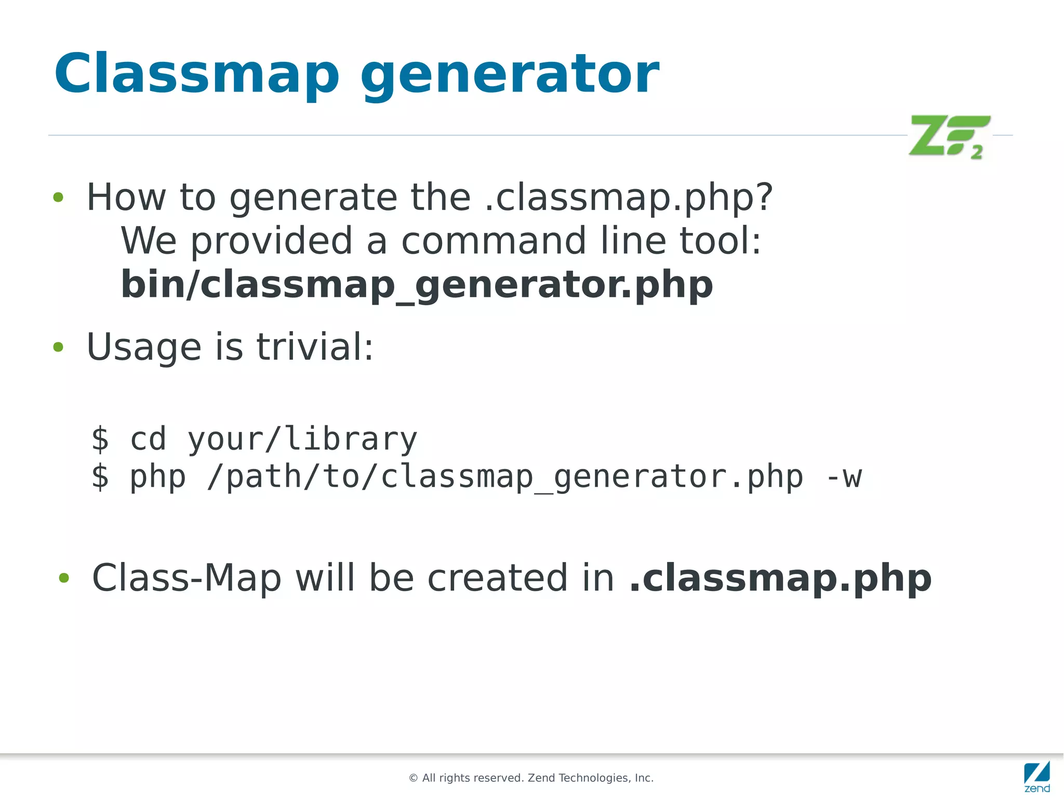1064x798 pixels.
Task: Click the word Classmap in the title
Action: coord(196,74)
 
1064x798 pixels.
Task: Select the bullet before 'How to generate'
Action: coord(58,198)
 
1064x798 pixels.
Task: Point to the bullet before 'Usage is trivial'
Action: coord(58,347)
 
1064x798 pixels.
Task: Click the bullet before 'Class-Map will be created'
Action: coord(64,578)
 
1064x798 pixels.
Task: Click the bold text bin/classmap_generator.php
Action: coord(417,284)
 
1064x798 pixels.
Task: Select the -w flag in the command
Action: coord(844,477)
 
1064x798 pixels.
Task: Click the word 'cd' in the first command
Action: coord(148,439)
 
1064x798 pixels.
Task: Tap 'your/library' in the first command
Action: coord(302,439)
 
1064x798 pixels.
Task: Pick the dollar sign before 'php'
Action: coord(100,477)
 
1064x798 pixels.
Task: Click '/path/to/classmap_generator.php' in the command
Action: coord(504,477)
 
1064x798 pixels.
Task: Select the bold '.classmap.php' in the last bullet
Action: coord(780,578)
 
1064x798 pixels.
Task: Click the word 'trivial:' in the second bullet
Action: coord(315,347)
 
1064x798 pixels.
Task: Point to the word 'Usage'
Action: coord(144,347)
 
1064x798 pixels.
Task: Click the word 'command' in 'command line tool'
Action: coord(494,241)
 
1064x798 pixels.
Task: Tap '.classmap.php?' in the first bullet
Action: coord(629,198)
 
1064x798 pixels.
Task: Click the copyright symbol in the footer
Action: coord(414,778)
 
